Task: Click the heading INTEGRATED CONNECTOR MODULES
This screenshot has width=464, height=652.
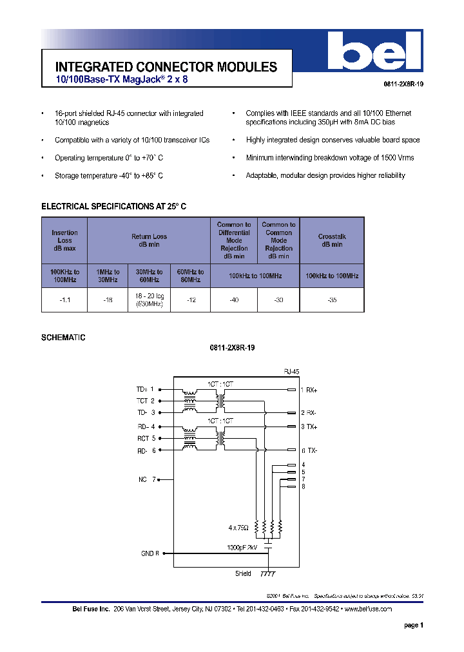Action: [x=166, y=67]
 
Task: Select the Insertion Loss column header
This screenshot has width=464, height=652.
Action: [x=64, y=240]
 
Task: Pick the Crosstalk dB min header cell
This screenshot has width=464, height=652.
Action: [x=331, y=240]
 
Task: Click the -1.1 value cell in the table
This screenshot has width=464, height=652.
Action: [x=64, y=300]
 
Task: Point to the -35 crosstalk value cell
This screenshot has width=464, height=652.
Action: [x=331, y=300]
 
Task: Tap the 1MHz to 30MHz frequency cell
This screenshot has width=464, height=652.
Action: [x=108, y=276]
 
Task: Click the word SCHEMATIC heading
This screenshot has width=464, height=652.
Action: [x=63, y=338]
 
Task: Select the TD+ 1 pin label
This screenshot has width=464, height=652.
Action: [x=145, y=389]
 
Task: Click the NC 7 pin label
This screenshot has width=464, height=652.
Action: [x=147, y=479]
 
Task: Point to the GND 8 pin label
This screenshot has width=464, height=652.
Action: [x=150, y=553]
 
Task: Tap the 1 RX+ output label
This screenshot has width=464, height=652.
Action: [x=309, y=390]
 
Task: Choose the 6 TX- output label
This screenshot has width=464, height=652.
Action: [x=309, y=450]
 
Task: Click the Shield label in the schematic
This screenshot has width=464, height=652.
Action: [x=243, y=573]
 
